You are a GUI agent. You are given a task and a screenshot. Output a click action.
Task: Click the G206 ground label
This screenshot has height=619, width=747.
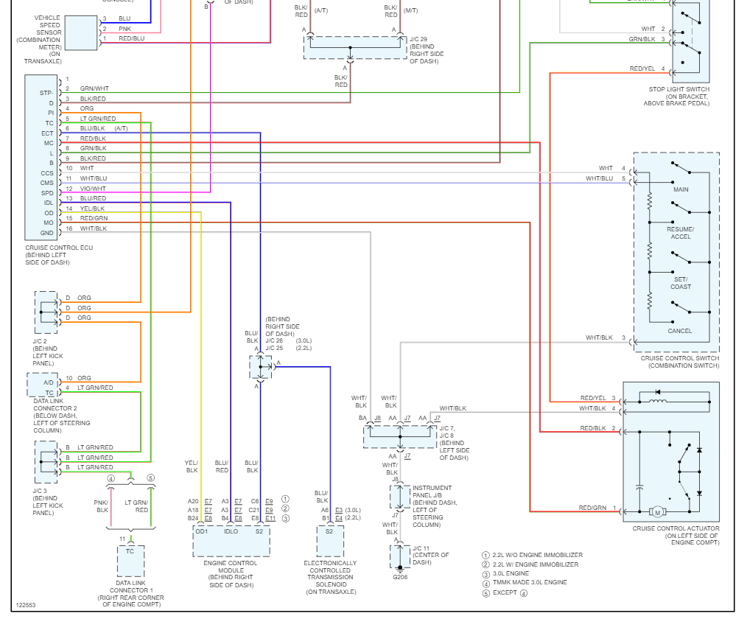400,577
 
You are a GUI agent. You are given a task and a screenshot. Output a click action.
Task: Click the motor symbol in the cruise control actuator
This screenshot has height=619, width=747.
657,512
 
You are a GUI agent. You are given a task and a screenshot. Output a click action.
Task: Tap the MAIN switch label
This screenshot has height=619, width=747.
681,189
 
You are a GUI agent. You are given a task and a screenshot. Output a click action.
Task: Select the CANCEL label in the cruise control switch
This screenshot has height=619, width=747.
680,331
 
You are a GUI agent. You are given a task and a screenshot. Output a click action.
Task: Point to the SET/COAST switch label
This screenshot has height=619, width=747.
681,283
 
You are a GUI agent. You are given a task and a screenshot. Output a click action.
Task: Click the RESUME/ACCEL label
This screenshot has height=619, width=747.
681,233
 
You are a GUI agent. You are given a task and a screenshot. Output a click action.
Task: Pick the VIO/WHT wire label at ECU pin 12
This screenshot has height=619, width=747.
93,189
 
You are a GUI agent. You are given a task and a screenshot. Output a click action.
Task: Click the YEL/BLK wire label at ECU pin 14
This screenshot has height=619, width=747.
92,209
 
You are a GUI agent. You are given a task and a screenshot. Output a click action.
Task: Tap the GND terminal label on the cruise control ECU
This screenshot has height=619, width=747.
46,233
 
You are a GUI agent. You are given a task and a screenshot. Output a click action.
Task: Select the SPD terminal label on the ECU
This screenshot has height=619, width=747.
47,193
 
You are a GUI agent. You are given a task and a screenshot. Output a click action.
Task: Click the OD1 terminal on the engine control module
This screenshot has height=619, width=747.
202,531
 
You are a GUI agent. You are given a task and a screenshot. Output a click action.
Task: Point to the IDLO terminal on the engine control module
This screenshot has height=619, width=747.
231,531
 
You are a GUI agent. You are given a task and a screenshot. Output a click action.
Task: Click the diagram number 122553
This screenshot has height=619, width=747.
26,605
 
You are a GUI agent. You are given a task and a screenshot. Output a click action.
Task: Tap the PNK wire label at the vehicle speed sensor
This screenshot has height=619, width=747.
124,29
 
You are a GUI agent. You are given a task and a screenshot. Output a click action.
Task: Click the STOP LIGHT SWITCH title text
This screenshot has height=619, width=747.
679,89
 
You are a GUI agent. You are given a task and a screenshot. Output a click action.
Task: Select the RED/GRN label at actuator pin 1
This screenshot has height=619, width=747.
592,508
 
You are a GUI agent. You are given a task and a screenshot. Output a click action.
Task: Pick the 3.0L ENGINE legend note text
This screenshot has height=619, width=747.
511,574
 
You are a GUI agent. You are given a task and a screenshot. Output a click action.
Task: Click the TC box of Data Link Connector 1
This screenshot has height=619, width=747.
130,561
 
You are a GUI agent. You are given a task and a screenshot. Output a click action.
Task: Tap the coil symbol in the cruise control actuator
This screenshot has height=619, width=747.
659,402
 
